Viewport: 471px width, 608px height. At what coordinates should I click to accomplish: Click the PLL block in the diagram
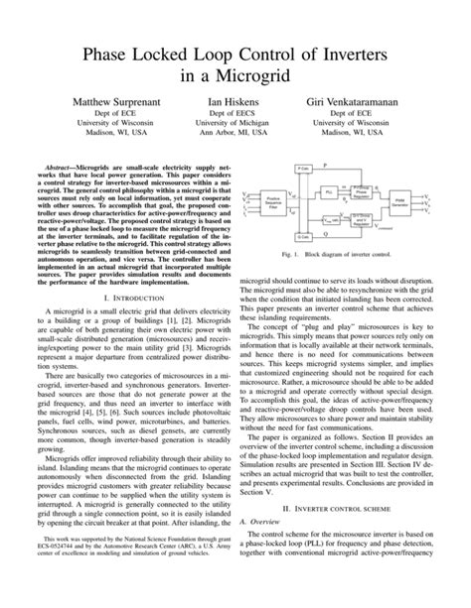pos(328,190)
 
